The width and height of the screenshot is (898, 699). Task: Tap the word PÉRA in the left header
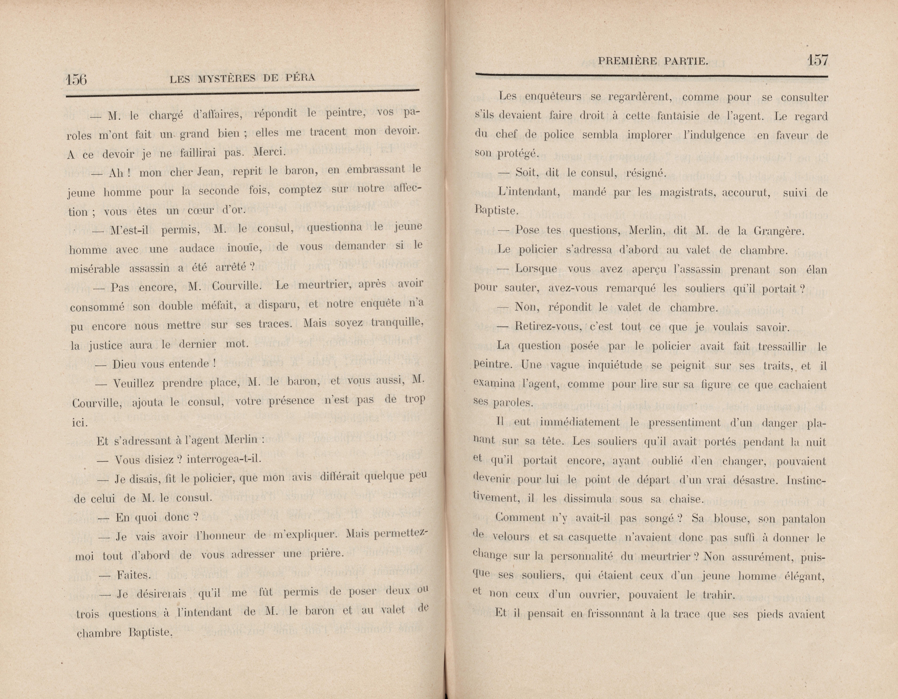pyautogui.click(x=301, y=77)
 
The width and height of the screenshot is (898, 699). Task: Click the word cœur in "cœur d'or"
pyautogui.click(x=201, y=211)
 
